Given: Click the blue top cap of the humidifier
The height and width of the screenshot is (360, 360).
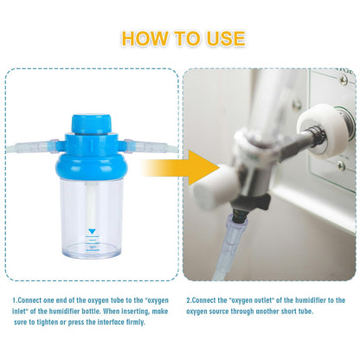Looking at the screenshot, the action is click(x=91, y=125).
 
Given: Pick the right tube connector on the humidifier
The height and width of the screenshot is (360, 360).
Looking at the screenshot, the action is click(x=150, y=145).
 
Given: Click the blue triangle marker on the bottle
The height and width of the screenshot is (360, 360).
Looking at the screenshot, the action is click(x=92, y=231).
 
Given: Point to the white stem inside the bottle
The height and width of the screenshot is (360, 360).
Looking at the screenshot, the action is click(x=92, y=206).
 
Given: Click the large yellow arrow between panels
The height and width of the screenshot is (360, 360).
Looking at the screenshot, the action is click(x=180, y=168).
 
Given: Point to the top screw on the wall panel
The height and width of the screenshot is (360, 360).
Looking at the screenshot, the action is click(x=343, y=79).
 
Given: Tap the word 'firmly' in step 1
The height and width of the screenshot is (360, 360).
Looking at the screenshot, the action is click(x=135, y=322).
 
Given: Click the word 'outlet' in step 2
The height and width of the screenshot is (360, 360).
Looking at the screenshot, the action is click(x=264, y=300).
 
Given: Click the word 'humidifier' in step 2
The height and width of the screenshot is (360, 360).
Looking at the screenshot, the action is click(x=311, y=300).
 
